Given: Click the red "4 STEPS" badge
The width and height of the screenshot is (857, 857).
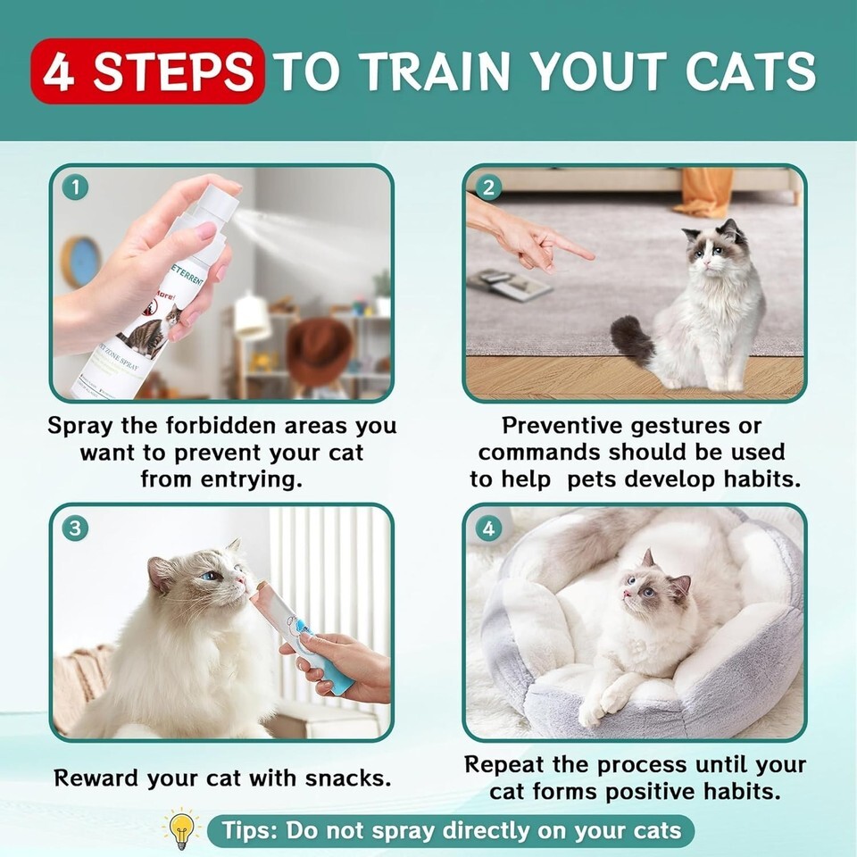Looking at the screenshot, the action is click(147, 71).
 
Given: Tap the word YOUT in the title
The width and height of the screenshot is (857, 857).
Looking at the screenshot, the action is click(599, 71).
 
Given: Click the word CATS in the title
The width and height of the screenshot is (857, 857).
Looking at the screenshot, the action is click(751, 71).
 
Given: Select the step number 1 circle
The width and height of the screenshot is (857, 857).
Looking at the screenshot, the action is click(75, 187).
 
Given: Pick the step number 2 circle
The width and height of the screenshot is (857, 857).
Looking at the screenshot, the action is click(488, 187).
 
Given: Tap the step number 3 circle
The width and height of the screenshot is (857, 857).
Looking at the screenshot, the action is click(75, 528).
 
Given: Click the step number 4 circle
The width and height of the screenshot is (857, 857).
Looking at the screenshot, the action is click(488, 528).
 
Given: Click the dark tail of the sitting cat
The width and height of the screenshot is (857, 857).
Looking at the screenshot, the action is click(632, 340).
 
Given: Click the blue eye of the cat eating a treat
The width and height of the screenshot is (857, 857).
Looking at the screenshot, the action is click(211, 576).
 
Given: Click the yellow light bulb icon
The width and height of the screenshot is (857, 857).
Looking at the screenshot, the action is click(182, 829).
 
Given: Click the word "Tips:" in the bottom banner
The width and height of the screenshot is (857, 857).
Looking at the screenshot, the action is click(249, 830).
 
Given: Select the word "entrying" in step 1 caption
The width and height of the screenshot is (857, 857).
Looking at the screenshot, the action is click(252, 480).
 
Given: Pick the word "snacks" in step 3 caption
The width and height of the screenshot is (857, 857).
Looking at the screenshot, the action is click(347, 778).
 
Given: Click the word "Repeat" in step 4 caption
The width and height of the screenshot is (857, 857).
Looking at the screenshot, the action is click(503, 765).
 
